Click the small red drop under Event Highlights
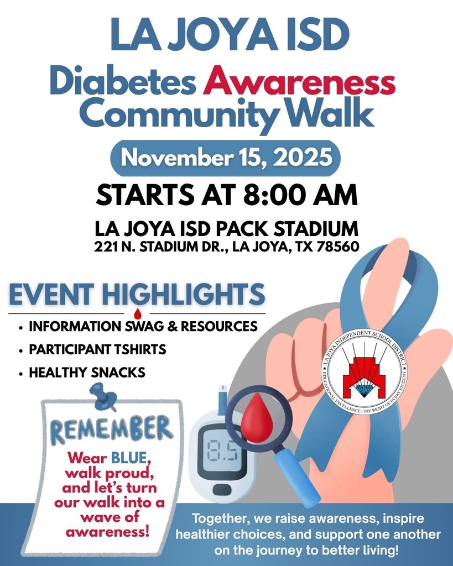[137, 314]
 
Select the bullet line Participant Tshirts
[97, 350]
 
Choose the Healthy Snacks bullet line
[87, 373]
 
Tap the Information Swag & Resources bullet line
[143, 327]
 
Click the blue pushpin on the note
[103, 397]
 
